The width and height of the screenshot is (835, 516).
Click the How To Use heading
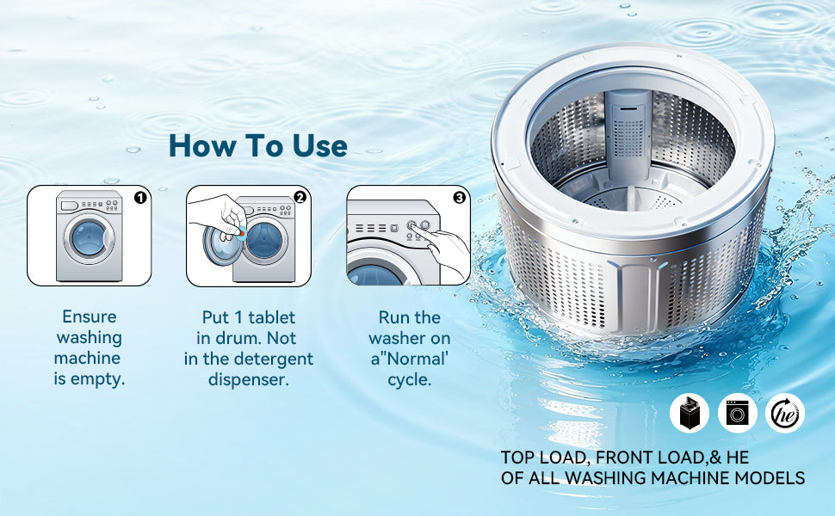(258, 145)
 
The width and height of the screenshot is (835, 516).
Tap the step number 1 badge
(140, 198)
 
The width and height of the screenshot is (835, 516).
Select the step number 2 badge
(300, 198)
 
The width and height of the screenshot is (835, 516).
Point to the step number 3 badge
(459, 198)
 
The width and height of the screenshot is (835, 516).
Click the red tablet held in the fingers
(241, 233)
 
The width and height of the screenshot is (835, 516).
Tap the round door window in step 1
(89, 237)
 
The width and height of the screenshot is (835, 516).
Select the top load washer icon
(689, 413)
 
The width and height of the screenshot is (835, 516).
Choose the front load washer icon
(738, 413)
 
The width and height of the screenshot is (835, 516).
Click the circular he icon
(785, 413)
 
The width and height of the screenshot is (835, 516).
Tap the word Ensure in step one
(90, 316)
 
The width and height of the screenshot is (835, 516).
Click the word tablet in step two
(271, 317)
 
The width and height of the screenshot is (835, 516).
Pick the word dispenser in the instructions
(249, 380)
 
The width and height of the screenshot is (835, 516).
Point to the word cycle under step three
(410, 381)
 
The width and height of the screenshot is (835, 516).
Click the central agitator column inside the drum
(629, 133)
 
